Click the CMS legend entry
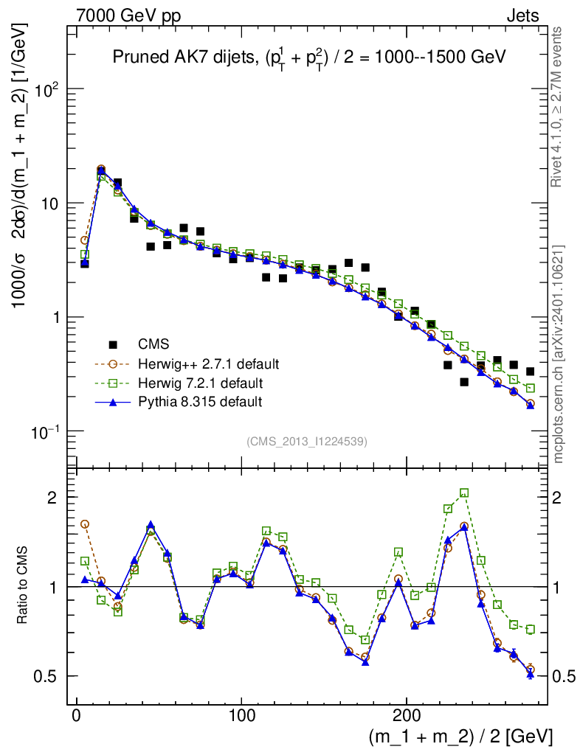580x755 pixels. click(153, 344)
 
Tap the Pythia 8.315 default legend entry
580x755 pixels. click(199, 403)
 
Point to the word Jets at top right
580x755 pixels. click(522, 15)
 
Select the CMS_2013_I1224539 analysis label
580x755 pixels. click(307, 442)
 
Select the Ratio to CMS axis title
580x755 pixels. click(23, 587)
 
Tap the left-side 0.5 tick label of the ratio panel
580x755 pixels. click(46, 677)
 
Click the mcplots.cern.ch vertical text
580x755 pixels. click(559, 354)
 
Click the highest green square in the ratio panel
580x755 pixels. click(464, 493)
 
